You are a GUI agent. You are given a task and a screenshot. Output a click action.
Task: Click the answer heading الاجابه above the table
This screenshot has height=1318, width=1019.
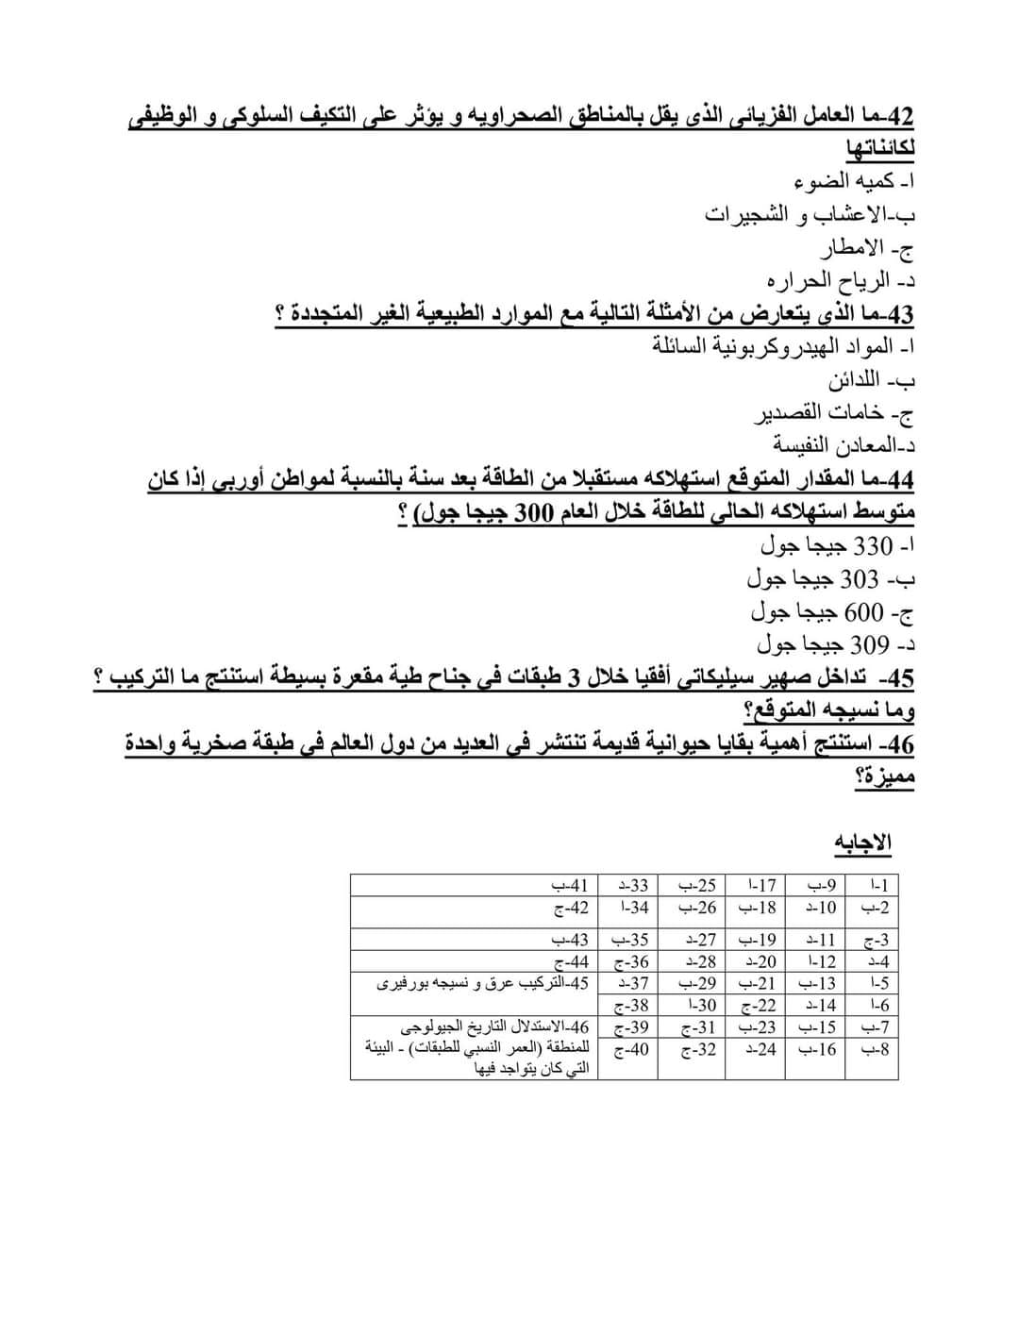point(862,843)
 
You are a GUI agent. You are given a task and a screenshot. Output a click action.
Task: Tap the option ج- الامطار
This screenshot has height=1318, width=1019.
point(866,248)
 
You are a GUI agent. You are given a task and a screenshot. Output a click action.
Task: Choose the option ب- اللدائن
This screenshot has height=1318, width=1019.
point(871,380)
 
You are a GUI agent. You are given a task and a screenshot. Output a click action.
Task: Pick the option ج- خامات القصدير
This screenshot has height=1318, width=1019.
point(833,413)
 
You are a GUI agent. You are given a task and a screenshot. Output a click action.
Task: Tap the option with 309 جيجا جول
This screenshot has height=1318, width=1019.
point(836,646)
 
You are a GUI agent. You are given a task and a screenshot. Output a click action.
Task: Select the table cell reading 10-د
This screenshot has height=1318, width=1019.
point(821,908)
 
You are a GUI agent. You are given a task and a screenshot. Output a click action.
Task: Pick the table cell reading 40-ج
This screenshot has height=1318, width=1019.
point(631,1049)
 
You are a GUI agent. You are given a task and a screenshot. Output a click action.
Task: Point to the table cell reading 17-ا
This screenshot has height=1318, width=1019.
point(760,886)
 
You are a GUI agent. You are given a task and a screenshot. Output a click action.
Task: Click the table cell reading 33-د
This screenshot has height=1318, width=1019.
point(632,886)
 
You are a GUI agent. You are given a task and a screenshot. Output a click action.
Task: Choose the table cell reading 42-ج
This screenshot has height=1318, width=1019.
point(570,908)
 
